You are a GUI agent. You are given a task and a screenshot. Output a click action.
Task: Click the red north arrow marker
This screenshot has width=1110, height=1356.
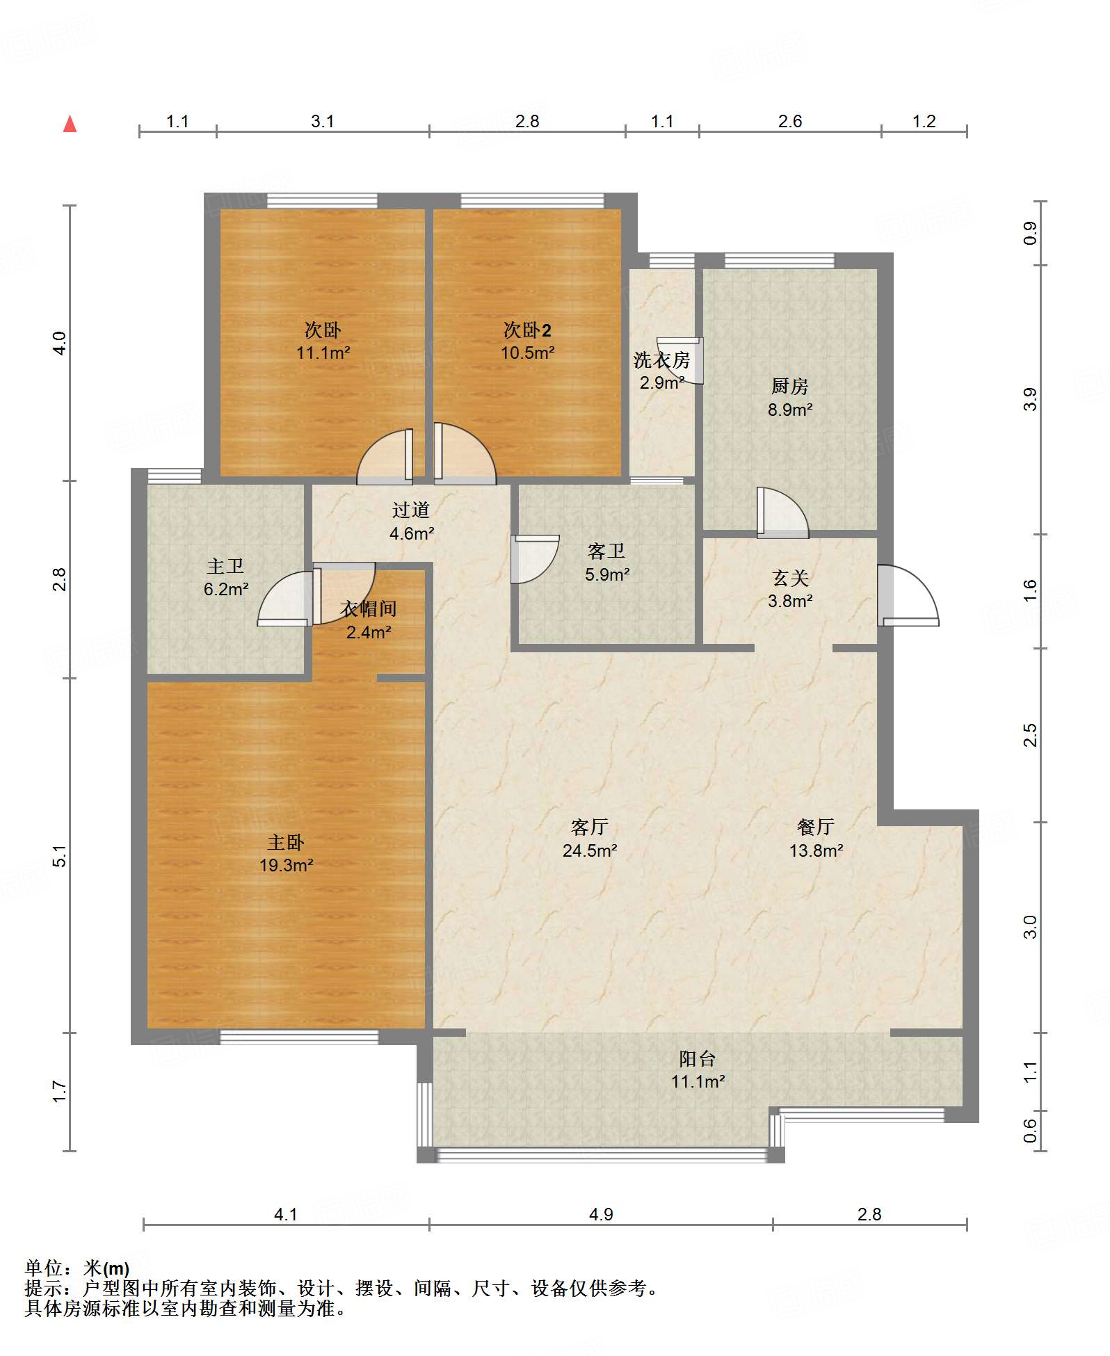[x=70, y=124]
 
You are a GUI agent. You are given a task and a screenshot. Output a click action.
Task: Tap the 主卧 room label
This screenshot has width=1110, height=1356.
[x=286, y=842]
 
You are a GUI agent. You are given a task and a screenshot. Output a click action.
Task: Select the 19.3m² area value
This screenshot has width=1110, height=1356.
[x=286, y=865]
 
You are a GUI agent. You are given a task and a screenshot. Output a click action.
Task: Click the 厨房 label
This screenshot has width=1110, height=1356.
[x=789, y=386]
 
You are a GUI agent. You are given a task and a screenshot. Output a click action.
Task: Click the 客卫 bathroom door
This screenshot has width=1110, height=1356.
[x=534, y=559]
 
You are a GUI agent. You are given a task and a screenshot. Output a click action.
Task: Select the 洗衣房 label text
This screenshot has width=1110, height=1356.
[x=661, y=360]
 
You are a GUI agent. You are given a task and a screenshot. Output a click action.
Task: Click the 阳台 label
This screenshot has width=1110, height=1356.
[x=698, y=1058]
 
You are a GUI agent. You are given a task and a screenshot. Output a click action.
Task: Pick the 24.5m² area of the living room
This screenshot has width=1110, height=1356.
[x=590, y=850]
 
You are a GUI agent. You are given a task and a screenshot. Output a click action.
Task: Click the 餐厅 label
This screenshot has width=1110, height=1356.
[x=816, y=827]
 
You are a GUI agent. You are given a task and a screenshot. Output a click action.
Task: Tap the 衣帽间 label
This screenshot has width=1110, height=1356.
[x=369, y=609]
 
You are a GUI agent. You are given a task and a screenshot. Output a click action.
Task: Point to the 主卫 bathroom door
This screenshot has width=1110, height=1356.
[x=284, y=598]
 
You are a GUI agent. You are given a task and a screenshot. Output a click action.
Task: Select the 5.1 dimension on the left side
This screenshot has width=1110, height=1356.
[x=60, y=855]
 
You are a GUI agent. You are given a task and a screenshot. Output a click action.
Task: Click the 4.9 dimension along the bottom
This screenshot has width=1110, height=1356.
[x=601, y=1214]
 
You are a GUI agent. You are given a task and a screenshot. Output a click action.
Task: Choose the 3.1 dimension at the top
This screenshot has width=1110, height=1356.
[x=322, y=122]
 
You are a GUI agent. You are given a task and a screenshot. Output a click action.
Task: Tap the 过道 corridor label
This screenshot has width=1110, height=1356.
[x=411, y=510]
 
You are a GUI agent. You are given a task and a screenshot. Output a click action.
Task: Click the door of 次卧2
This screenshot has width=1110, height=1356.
[x=465, y=453]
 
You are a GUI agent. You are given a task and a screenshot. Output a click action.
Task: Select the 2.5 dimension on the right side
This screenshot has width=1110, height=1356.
[x=1030, y=735]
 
